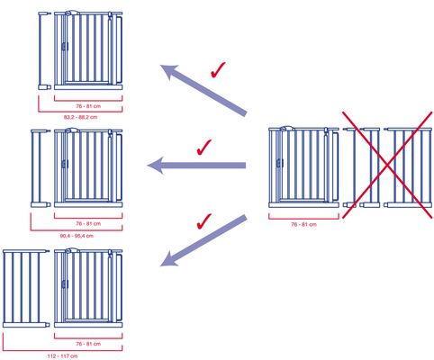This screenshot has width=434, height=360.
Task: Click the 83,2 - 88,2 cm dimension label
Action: pos(80,117)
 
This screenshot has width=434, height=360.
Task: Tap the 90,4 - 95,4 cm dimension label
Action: pos(77,236)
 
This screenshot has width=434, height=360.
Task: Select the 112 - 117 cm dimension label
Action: pos(62,356)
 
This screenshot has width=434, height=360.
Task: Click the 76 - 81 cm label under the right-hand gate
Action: pos(303,224)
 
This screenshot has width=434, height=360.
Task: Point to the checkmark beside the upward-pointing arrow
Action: pos(218,70)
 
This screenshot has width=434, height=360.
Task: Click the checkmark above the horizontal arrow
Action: pos(204,147)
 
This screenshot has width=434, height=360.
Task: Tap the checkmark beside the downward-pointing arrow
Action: pos(204,221)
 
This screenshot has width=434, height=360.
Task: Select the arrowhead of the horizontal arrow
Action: pos(156,166)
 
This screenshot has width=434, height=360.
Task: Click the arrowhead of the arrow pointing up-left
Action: pos(170,72)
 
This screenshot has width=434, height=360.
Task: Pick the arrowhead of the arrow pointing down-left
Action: pos(170,258)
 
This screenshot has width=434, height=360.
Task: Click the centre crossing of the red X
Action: pos(387,165)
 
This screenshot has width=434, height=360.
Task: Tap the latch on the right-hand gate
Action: pos(279,164)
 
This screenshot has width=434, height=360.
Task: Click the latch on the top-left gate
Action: pos(65,47)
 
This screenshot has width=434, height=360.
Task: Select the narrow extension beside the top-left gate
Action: pos(44,51)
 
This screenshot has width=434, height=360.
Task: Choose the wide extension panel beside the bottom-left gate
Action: pos(25,289)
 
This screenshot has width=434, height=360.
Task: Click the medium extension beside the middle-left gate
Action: pos(40,168)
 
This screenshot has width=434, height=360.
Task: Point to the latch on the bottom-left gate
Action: pos(65,283)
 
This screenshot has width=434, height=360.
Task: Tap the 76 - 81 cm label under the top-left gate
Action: pos(88,106)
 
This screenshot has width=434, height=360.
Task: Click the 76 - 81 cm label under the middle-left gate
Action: pos(88,224)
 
